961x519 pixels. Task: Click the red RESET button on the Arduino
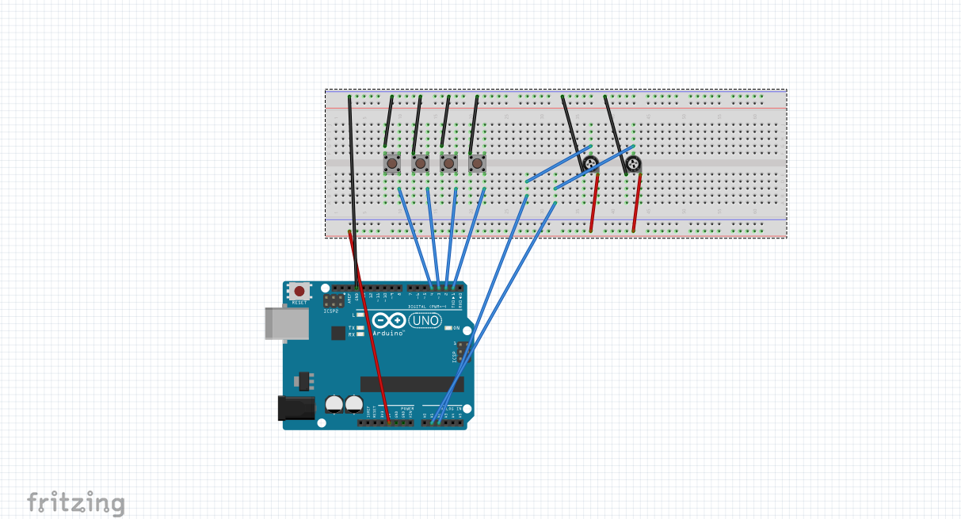pos(299,292)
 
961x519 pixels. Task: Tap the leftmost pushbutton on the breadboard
pos(391,164)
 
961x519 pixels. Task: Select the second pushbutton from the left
pos(420,164)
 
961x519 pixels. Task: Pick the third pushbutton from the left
pos(448,164)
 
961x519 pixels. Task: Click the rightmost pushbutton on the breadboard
pos(477,164)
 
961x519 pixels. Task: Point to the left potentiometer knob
pos(590,164)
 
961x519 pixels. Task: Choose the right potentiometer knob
pos(633,164)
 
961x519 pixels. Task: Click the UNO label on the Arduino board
pos(425,321)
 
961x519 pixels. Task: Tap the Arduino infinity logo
pos(389,321)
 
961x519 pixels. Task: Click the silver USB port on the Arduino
pos(286,323)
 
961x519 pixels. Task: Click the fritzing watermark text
pos(76,503)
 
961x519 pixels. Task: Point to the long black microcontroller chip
pos(411,384)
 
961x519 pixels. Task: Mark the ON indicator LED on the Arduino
pos(448,328)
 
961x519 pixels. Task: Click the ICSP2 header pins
pos(334,301)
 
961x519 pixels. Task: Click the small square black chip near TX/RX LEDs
pos(338,333)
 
